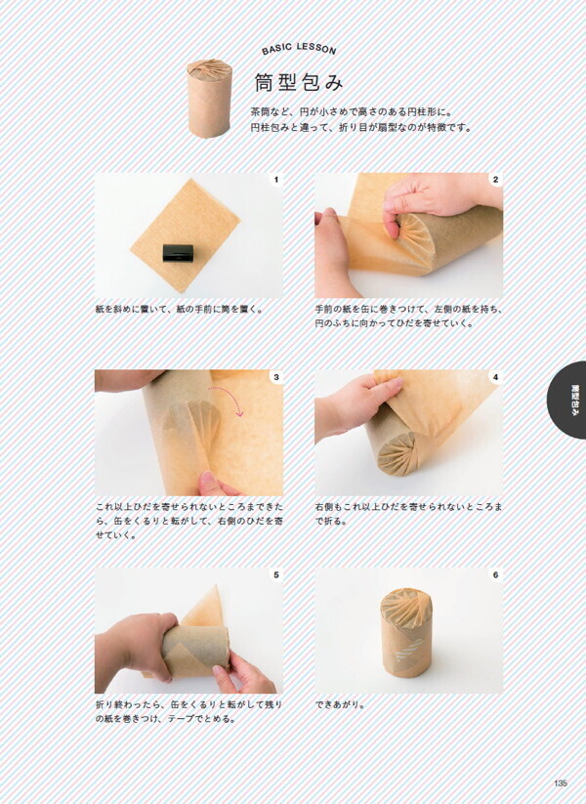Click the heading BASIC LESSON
[x=299, y=49]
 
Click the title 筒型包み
[x=299, y=82]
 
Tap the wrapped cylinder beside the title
[x=209, y=99]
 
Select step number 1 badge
[x=276, y=180]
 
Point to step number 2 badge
[x=496, y=180]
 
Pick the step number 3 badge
[x=276, y=377]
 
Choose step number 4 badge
[x=496, y=377]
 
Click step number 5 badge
[x=276, y=574]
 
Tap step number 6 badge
[x=496, y=574]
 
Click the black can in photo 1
[x=178, y=253]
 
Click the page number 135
[x=561, y=783]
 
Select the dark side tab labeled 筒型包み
[x=569, y=400]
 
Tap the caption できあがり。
[x=341, y=704]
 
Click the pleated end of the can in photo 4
[x=398, y=454]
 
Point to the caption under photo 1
[x=180, y=309]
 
